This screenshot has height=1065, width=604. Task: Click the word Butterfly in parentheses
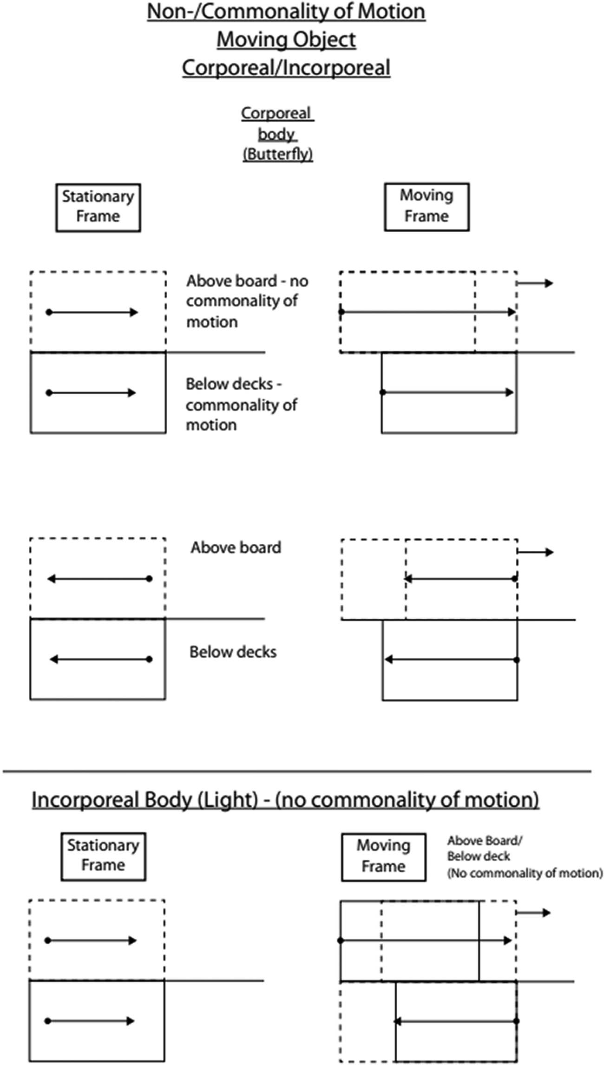click(x=278, y=154)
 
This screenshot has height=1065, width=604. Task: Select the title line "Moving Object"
click(x=286, y=39)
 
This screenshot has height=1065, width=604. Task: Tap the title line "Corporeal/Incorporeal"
click(x=286, y=68)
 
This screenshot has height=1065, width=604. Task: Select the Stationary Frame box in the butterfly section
click(x=98, y=207)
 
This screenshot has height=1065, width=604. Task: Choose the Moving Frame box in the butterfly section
click(x=427, y=207)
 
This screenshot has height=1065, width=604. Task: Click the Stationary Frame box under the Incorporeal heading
click(x=103, y=856)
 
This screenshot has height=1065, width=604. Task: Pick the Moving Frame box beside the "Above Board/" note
click(x=383, y=857)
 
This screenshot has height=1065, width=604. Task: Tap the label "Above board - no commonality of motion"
click(x=247, y=301)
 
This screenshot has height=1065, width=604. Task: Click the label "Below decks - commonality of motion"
click(x=241, y=405)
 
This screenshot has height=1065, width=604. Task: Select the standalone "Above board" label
click(x=236, y=548)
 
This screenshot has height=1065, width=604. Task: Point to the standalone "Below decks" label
click(x=233, y=652)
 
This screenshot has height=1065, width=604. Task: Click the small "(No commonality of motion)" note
click(x=525, y=873)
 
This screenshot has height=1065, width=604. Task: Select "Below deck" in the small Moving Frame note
click(x=479, y=856)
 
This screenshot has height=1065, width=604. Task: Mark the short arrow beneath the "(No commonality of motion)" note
click(x=533, y=913)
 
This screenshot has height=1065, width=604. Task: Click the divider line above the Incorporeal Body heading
click(x=297, y=771)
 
